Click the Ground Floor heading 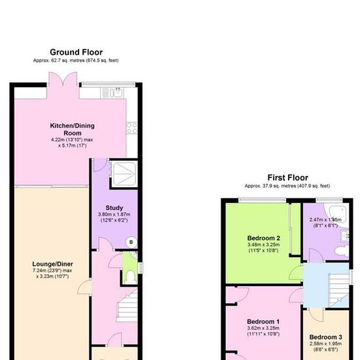click(x=76, y=52)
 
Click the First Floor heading click(x=288, y=177)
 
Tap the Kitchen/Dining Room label click(x=72, y=129)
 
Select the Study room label click(x=114, y=207)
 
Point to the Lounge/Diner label click(x=52, y=264)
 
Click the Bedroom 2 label click(x=264, y=238)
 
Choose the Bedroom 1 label click(x=263, y=321)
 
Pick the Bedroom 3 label click(x=325, y=337)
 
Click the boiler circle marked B click(x=131, y=242)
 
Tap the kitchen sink click(x=115, y=93)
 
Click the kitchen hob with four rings click(x=132, y=128)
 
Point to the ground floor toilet click(x=130, y=277)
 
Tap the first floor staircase click(x=339, y=290)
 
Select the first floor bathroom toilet click(x=342, y=250)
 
